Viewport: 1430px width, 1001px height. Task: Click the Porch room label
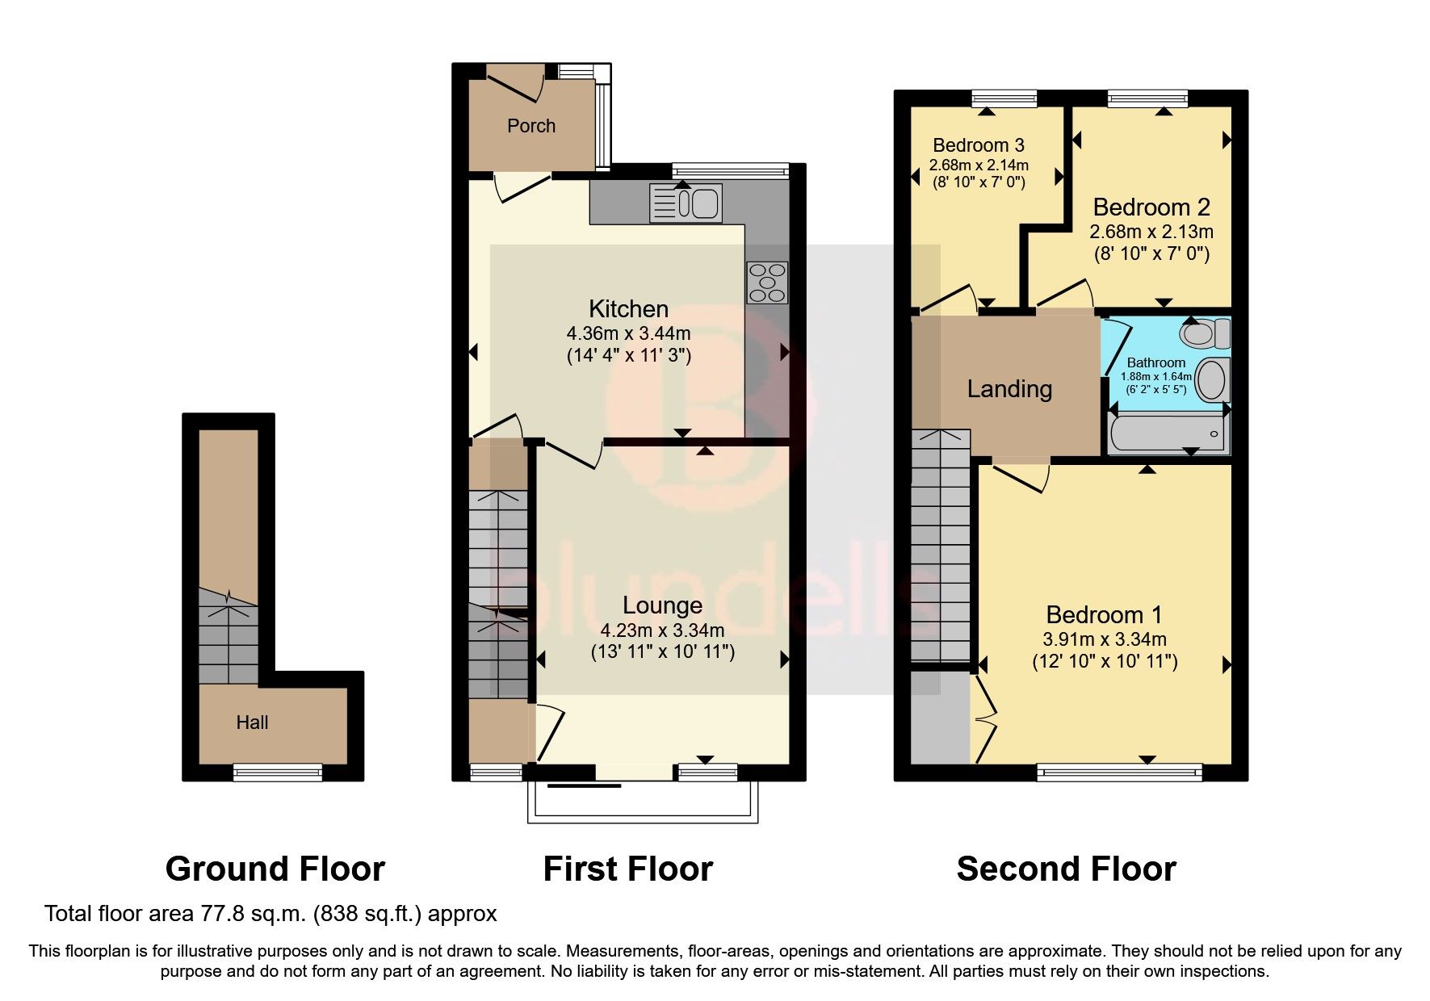(530, 126)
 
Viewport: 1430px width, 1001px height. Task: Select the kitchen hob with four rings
(766, 283)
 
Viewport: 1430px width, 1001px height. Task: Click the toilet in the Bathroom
(1205, 333)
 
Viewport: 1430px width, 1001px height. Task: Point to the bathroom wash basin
(1211, 379)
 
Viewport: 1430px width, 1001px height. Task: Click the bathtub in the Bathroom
(1167, 433)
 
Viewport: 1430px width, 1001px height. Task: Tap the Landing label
(1009, 389)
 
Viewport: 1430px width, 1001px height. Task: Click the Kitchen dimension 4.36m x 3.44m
(628, 333)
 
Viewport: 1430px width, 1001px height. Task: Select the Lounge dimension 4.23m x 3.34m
(662, 630)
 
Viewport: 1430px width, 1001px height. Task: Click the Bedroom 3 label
(978, 145)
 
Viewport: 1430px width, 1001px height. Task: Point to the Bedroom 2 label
(1151, 207)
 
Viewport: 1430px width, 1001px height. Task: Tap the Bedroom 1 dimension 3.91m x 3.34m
(1104, 640)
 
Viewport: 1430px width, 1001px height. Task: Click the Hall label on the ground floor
(252, 722)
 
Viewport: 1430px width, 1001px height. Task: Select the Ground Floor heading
(275, 869)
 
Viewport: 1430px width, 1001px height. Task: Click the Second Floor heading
(1066, 869)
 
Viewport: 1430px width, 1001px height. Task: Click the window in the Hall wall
(277, 773)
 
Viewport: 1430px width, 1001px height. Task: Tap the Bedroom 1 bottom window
(1119, 773)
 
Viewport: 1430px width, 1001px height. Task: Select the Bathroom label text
(1155, 363)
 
